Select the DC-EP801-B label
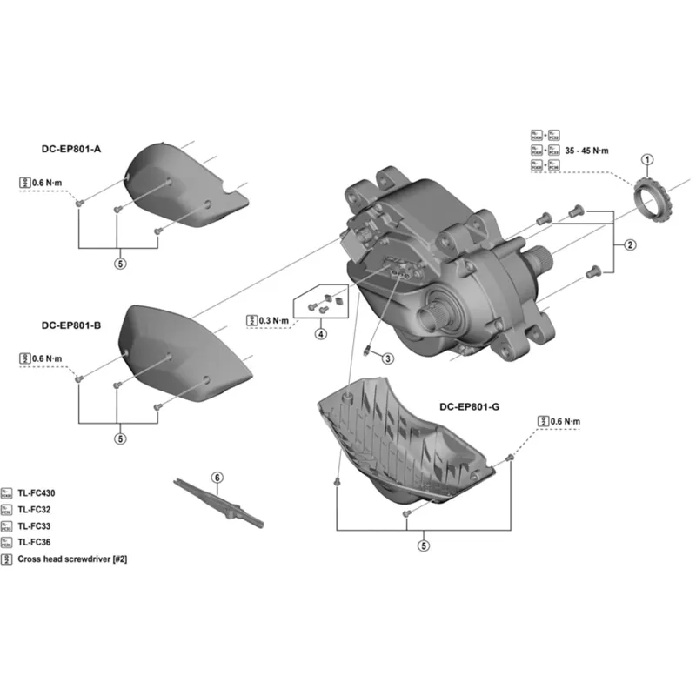click(x=71, y=326)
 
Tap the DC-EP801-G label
click(x=470, y=406)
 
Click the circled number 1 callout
click(x=646, y=159)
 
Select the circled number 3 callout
click(x=388, y=358)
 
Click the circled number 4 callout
click(x=321, y=333)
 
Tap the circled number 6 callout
click(x=217, y=477)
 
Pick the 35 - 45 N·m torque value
click(x=587, y=151)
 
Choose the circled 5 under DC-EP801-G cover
click(x=424, y=546)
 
